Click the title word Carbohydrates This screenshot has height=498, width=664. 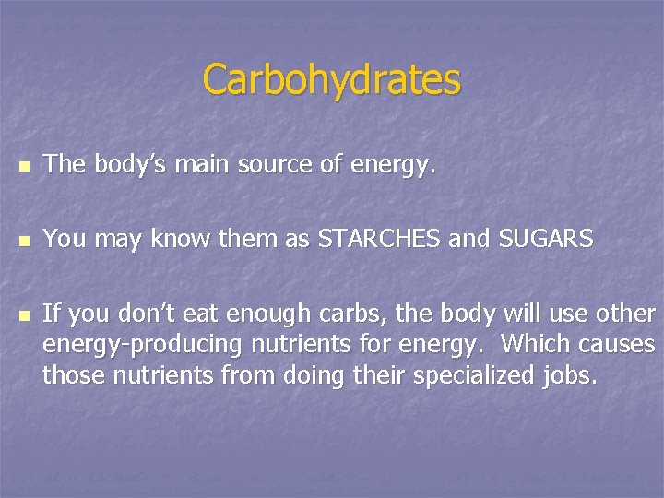[331, 80]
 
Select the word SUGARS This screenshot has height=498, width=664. [545, 240]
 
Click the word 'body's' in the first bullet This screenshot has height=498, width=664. [123, 166]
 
